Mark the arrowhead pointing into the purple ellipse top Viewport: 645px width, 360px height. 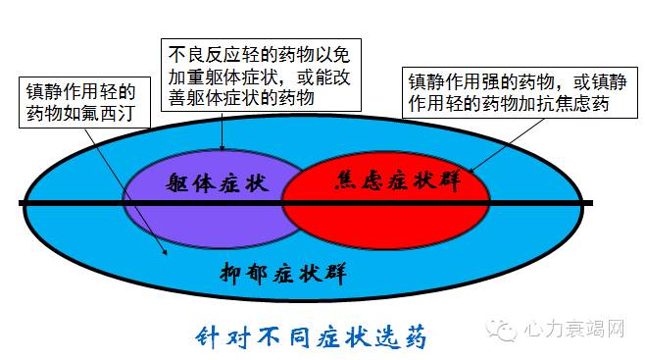tap(223, 147)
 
